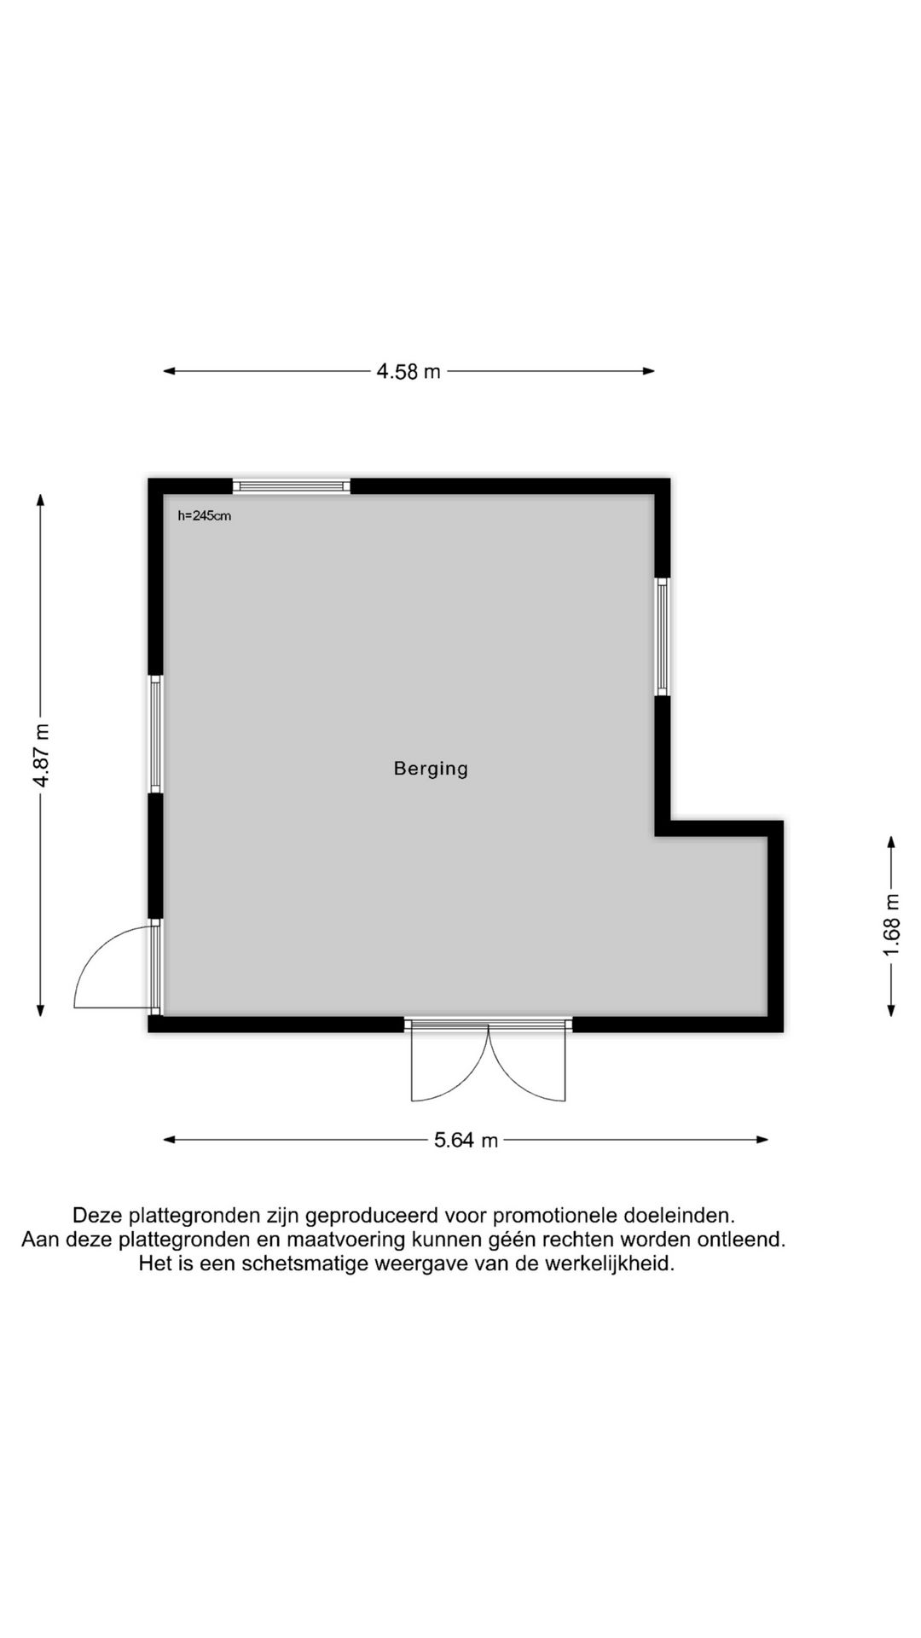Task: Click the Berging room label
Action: (431, 769)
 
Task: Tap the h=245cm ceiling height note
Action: (204, 516)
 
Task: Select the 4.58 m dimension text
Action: (408, 371)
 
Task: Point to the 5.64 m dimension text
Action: (466, 1140)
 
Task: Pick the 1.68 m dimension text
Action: (892, 926)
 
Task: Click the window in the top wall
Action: (292, 486)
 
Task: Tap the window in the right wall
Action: (663, 636)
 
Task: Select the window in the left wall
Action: (155, 735)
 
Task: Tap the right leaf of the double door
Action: (529, 1062)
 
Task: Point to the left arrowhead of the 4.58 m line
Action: (169, 371)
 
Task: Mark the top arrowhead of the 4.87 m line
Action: (41, 500)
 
